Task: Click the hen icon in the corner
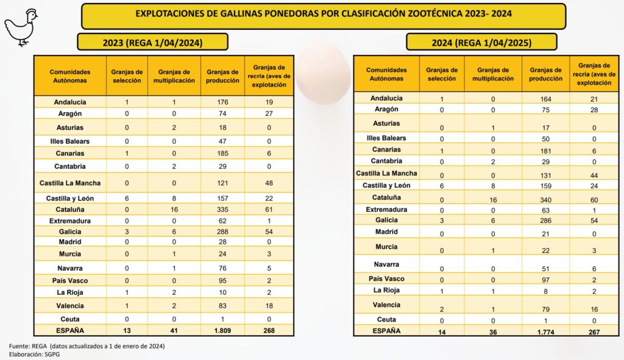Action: pos(21,27)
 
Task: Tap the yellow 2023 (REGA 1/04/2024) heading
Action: pos(152,42)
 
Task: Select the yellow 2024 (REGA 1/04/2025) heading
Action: pos(481,43)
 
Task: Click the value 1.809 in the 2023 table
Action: pos(222,331)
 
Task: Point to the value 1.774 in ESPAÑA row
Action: pos(545,332)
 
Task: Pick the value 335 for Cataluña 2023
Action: pos(222,208)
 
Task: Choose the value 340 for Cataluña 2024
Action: pos(545,200)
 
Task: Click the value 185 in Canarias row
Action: pos(222,154)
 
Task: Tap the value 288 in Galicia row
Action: pos(222,231)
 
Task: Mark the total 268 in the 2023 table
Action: pos(269,331)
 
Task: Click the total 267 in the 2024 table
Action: pos(594,332)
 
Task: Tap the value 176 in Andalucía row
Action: pos(222,102)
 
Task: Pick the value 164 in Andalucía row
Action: pos(545,99)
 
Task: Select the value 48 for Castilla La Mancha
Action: pos(269,183)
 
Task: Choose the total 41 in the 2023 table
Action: pos(174,331)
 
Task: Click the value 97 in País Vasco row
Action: pos(545,279)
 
